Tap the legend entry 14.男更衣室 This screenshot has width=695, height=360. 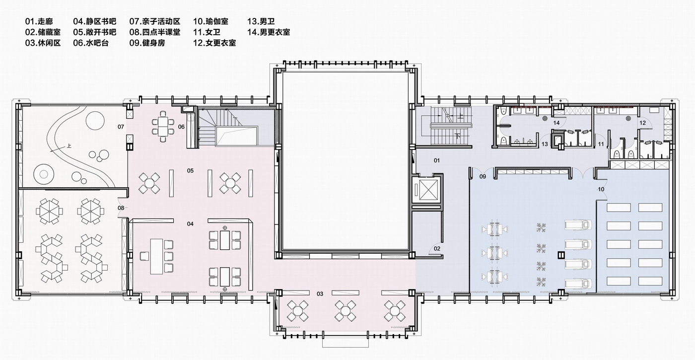pos(268,32)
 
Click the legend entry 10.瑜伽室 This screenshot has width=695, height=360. pos(211,22)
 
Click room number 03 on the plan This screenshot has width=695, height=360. pos(320,294)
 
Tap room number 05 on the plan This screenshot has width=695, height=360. pos(190,171)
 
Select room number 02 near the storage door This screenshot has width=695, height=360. pos(437,248)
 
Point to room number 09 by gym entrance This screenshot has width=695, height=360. pos(482,176)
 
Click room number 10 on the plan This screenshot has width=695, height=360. pos(601,189)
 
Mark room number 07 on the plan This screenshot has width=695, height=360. pos(121,127)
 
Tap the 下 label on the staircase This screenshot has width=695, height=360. pos(458,135)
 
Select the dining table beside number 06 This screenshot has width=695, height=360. pos(163,127)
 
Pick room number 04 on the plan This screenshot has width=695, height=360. pos(190,224)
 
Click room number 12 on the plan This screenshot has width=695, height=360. pos(642,123)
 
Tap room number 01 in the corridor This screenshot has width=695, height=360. pos(437,160)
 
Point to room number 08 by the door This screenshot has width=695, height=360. pos(121,208)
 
